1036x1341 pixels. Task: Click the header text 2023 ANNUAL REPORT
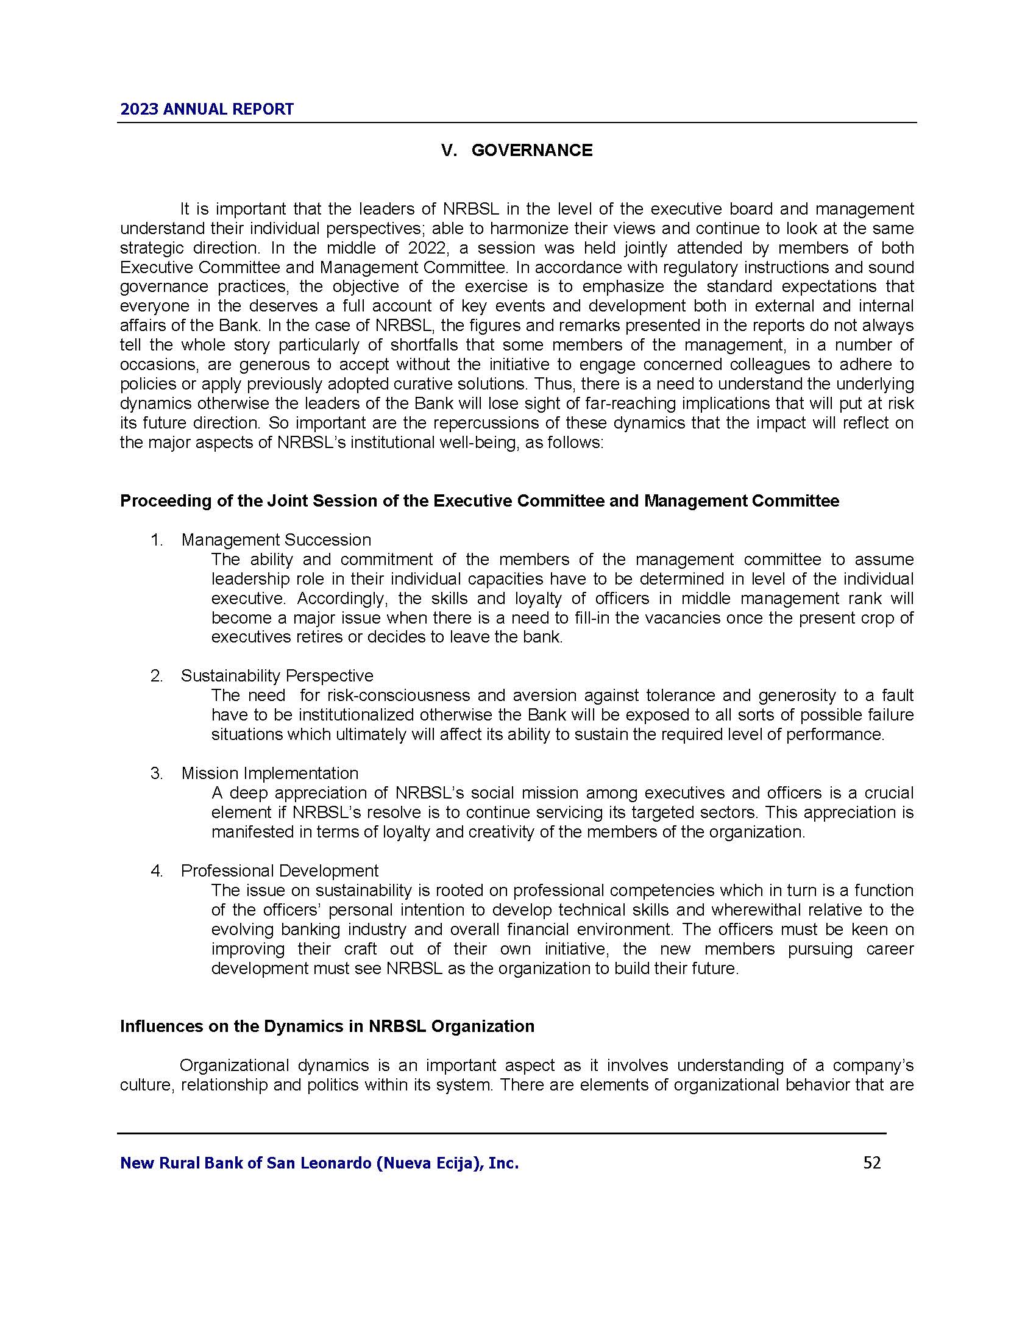[207, 109]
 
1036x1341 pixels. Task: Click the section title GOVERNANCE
[531, 151]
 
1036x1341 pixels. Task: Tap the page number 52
[871, 1162]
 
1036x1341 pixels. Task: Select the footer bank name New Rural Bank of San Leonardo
[319, 1162]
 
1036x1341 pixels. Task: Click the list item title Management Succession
[276, 539]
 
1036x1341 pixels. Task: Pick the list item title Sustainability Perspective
[277, 675]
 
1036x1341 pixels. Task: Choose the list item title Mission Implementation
[269, 773]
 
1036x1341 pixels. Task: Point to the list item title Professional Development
[279, 870]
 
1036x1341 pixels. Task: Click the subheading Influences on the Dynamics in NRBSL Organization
[327, 1026]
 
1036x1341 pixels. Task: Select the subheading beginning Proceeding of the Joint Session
[480, 501]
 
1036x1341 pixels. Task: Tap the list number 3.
[157, 773]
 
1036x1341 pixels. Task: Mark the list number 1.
[157, 539]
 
